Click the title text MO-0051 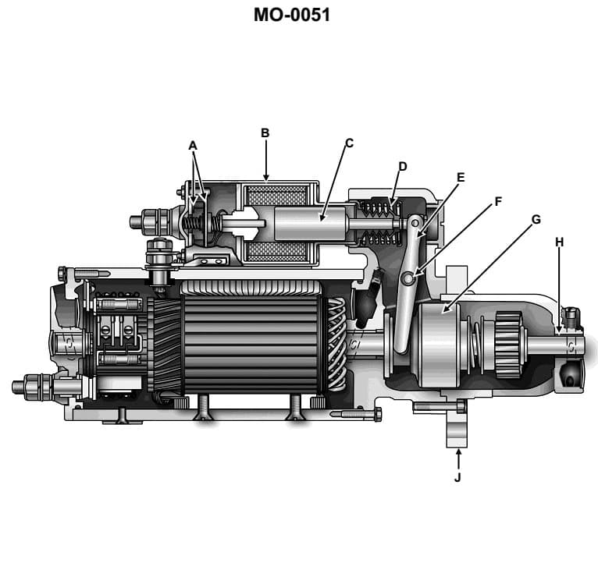[x=291, y=16]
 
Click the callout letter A [x=193, y=145]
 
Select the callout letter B [x=265, y=133]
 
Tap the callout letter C [x=349, y=143]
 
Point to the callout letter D [x=403, y=166]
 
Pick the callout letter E [x=460, y=177]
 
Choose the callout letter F [x=497, y=201]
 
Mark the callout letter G [x=536, y=219]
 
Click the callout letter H [x=559, y=242]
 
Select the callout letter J [x=457, y=477]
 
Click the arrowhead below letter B [x=265, y=175]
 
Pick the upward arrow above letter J [x=457, y=454]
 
